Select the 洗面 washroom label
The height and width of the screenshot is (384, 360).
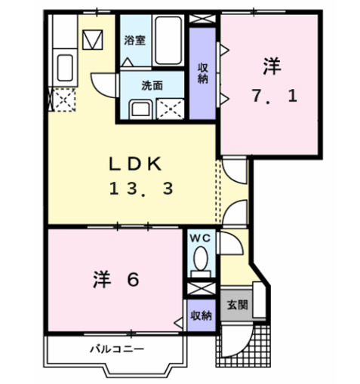pos(152,85)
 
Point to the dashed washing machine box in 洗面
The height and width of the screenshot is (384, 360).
pos(171,108)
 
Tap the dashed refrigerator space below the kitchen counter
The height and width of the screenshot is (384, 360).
pos(62,99)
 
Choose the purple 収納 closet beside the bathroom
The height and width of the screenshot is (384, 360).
pos(202,72)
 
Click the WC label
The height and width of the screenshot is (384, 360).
pos(200,238)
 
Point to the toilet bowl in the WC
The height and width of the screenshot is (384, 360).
pos(200,263)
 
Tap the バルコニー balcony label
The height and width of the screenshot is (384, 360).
pos(116,349)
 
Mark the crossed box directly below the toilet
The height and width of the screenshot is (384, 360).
pos(200,289)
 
